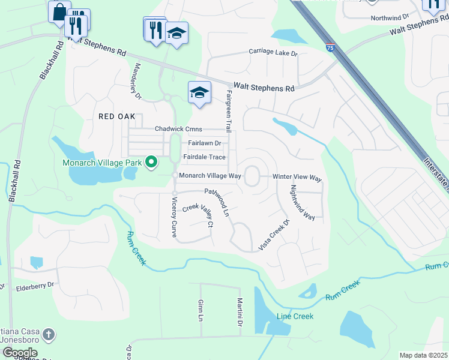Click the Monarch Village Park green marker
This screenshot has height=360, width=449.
pyautogui.click(x=151, y=162)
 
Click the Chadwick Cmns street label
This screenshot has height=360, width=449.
pyautogui.click(x=179, y=129)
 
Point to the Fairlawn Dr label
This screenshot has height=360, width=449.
pyautogui.click(x=205, y=143)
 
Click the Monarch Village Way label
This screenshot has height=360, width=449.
pyautogui.click(x=210, y=176)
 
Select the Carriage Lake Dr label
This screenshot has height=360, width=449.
pyautogui.click(x=273, y=53)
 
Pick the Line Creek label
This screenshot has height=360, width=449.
pyautogui.click(x=295, y=316)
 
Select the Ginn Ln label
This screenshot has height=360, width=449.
pyautogui.click(x=200, y=310)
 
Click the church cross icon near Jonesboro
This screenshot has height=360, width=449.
pyautogui.click(x=49, y=333)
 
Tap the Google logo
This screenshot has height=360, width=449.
pyautogui.click(x=20, y=353)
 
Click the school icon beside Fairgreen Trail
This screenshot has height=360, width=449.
pyautogui.click(x=200, y=93)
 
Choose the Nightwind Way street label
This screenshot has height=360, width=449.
pyautogui.click(x=303, y=202)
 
